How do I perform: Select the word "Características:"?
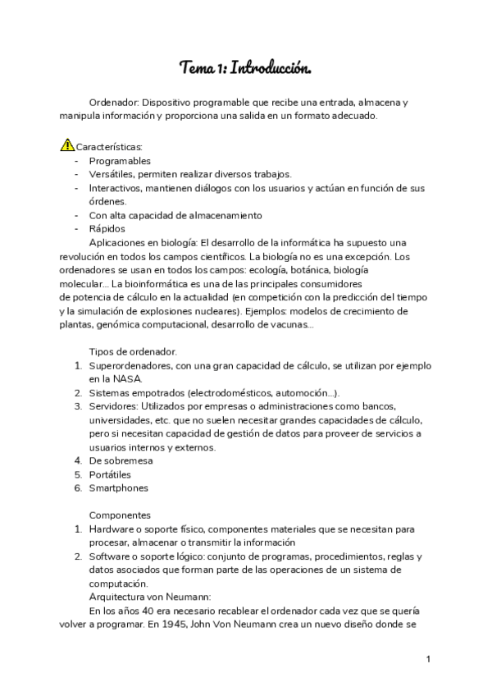coord(109,147)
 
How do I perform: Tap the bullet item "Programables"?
coord(120,161)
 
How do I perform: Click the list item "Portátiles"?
coord(110,474)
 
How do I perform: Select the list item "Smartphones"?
coord(119,488)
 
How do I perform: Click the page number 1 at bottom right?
coord(428,659)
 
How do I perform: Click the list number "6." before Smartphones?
coord(78,488)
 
